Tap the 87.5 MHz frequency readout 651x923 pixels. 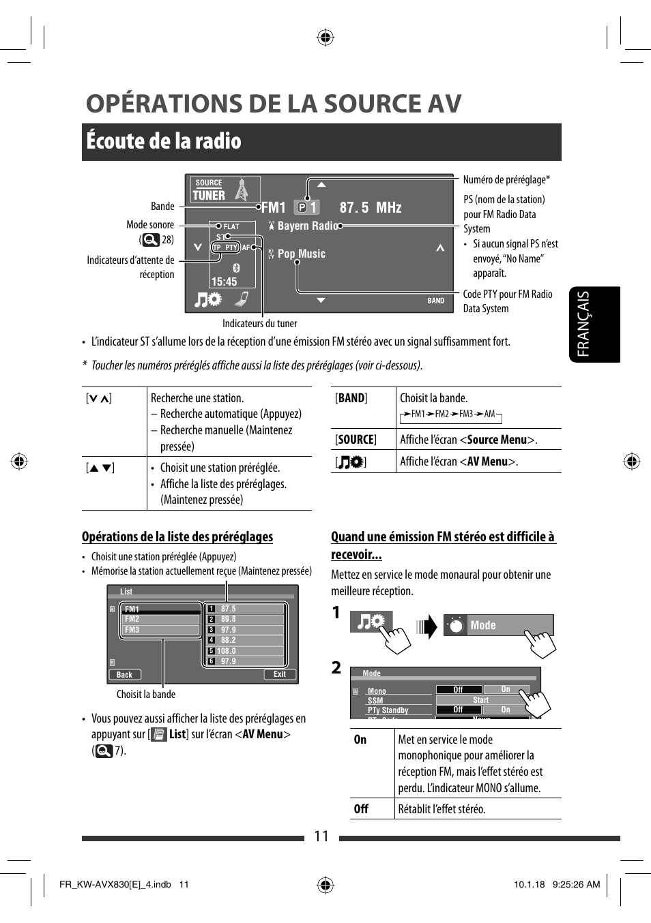point(370,208)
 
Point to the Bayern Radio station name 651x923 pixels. point(307,226)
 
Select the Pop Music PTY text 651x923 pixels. point(301,254)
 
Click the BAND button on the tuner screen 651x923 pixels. point(435,301)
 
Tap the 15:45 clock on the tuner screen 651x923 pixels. point(224,282)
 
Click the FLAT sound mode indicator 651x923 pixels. point(231,226)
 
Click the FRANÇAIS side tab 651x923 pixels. point(584,324)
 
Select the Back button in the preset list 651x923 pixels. point(125,675)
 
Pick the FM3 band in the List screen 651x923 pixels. point(132,630)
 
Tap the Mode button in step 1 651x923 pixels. point(498,625)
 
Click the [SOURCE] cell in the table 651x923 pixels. point(356,440)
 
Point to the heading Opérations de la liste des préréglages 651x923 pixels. point(177,537)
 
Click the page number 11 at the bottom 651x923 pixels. point(321,836)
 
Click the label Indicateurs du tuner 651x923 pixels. point(259,324)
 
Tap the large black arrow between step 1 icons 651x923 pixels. point(427,626)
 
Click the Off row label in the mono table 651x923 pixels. point(361,809)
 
